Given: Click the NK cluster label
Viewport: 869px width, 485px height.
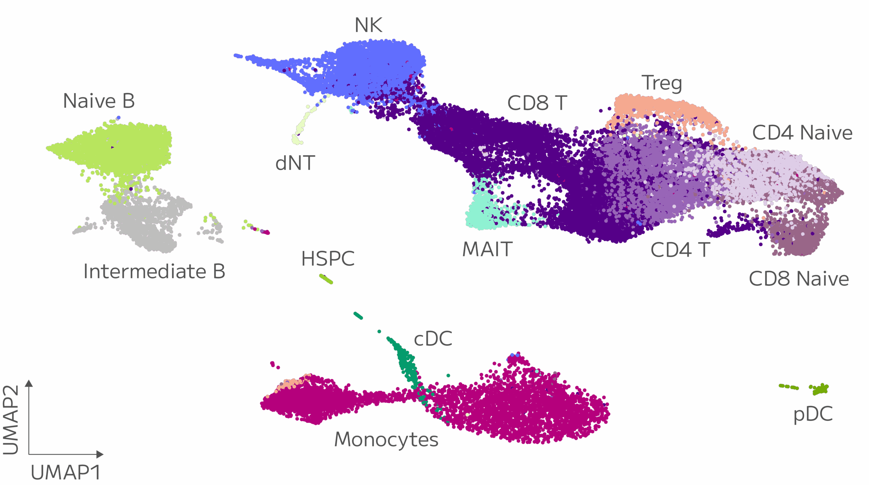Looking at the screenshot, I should click(368, 25).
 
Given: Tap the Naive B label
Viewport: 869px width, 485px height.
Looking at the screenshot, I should click(99, 101).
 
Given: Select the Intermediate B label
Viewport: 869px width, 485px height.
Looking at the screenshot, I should click(154, 272).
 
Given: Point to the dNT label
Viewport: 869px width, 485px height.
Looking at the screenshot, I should click(295, 163).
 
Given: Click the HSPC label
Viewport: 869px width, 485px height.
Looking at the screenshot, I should click(328, 259).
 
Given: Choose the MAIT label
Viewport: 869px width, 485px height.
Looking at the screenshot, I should click(487, 250).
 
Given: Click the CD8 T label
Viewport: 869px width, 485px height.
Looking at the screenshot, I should click(537, 103).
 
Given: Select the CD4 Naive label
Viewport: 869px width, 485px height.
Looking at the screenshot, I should click(802, 133).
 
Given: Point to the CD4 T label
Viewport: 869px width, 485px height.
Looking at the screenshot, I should click(680, 250).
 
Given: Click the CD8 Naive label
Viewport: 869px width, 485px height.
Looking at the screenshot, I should click(799, 279).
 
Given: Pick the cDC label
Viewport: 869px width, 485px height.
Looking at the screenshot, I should click(433, 339).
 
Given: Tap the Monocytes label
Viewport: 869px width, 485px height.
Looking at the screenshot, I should click(386, 440).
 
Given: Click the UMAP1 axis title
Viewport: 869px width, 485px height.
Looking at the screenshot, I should click(66, 472).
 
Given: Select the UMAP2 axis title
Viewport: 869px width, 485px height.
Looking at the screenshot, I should click(11, 420).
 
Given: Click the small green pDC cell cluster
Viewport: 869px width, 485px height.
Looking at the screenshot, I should click(820, 389).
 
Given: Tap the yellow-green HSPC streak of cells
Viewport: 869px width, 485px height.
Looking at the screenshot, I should click(326, 279).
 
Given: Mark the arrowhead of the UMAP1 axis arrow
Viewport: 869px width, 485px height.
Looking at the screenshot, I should click(100, 454).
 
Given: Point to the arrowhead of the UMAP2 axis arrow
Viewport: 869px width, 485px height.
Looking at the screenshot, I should click(29, 383).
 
